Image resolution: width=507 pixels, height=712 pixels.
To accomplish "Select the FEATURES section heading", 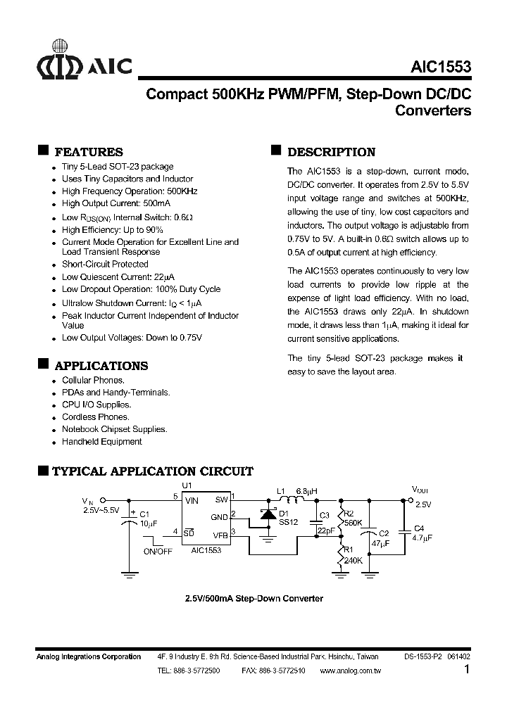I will (x=89, y=152).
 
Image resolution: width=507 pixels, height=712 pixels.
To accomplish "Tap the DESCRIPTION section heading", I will (x=332, y=152).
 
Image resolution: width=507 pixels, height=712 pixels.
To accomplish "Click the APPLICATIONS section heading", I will (x=101, y=366).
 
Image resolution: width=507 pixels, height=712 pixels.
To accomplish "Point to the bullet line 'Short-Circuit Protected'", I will (x=105, y=265).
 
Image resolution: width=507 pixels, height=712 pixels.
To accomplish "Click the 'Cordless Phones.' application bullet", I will (x=95, y=417).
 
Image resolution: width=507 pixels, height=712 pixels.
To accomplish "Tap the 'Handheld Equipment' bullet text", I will (x=101, y=442).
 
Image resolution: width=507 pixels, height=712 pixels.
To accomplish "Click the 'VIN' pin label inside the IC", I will (x=192, y=500).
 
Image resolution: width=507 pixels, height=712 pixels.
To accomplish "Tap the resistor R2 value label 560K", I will (x=352, y=523).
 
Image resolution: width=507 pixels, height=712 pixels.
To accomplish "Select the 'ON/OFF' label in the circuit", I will (x=158, y=552).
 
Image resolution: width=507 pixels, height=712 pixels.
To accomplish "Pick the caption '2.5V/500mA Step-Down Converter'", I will (x=254, y=599).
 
